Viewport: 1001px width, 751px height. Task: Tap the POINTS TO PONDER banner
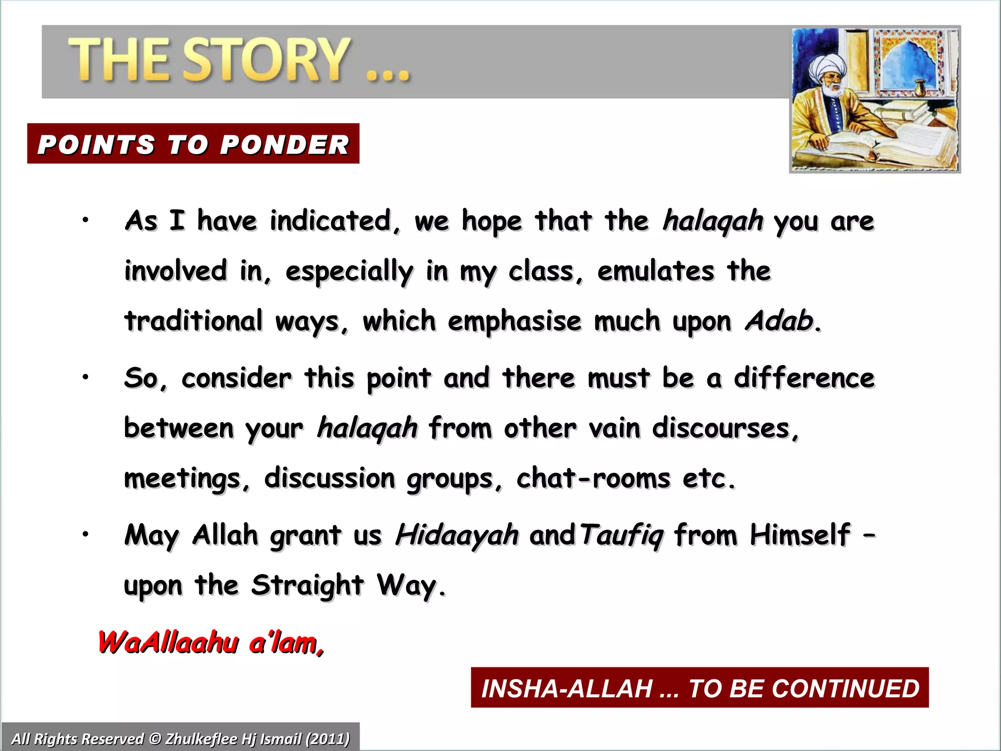(x=193, y=144)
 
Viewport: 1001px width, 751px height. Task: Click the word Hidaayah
(x=457, y=534)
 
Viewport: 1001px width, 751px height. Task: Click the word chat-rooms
(x=593, y=478)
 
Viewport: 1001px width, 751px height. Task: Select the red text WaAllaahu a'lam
(x=211, y=642)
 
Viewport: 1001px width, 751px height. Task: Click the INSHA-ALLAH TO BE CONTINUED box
(x=699, y=687)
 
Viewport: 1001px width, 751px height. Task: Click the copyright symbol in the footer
(x=155, y=738)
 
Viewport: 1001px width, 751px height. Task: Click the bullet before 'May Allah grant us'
(x=85, y=534)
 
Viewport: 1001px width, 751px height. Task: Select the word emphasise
(x=515, y=321)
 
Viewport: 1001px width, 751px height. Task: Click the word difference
(x=804, y=378)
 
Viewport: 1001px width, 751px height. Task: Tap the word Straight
(x=307, y=585)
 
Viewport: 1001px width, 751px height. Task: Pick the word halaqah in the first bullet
(x=713, y=221)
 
